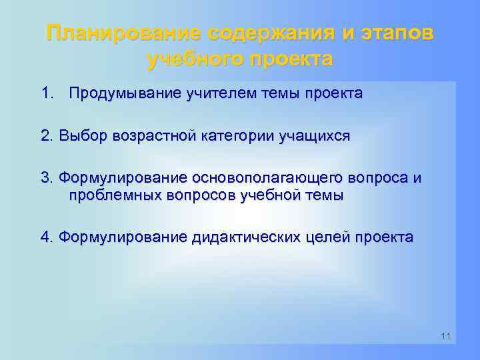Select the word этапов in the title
point(398,33)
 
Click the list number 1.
point(45,93)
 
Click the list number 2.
point(46,136)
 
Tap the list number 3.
point(46,178)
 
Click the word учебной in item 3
point(277,195)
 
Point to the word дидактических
point(250,237)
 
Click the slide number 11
point(445,336)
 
